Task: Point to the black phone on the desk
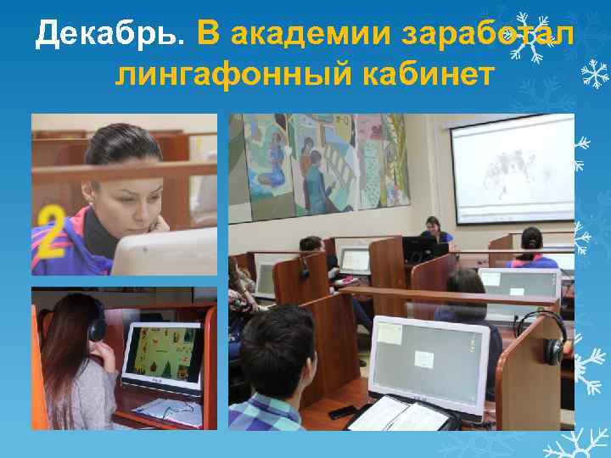click(x=343, y=412)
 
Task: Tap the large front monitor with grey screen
click(x=429, y=355)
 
